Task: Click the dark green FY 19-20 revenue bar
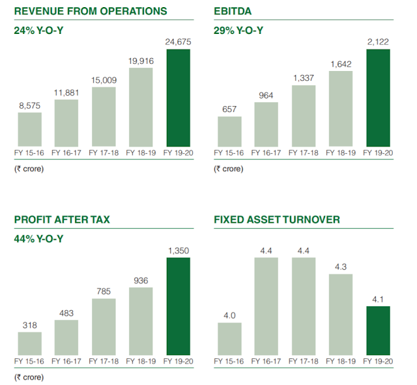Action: [179, 98]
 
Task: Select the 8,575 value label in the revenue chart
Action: [29, 106]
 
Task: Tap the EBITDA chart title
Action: [232, 12]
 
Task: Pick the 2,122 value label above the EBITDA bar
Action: [378, 42]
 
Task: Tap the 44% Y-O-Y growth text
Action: [39, 238]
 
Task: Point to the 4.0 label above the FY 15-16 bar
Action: [229, 316]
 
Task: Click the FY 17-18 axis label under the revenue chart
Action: [104, 153]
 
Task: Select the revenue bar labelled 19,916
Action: [141, 107]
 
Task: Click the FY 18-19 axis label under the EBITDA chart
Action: [341, 153]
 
